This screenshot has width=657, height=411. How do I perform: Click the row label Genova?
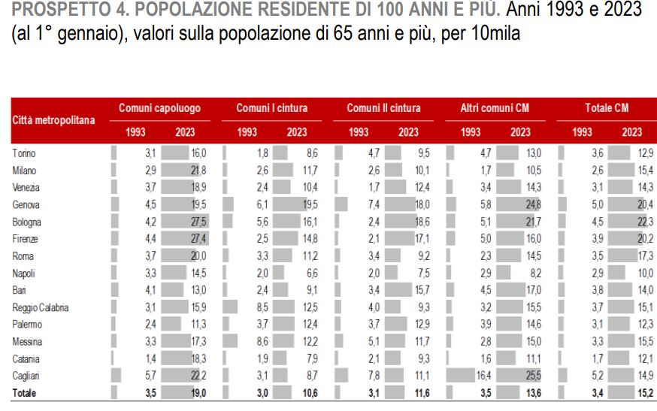(27, 204)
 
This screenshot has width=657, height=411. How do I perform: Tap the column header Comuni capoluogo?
(159, 108)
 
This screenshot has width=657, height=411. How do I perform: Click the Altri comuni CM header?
(495, 108)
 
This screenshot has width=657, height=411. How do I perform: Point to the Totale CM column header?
(607, 108)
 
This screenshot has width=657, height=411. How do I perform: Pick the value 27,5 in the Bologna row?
(198, 222)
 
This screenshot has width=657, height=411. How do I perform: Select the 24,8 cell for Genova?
(534, 204)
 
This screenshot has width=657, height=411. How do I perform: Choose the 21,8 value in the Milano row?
(198, 171)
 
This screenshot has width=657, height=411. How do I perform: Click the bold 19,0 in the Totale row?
(198, 392)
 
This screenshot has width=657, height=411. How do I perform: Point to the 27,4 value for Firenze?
(198, 239)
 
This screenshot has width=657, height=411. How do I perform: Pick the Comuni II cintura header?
(383, 108)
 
